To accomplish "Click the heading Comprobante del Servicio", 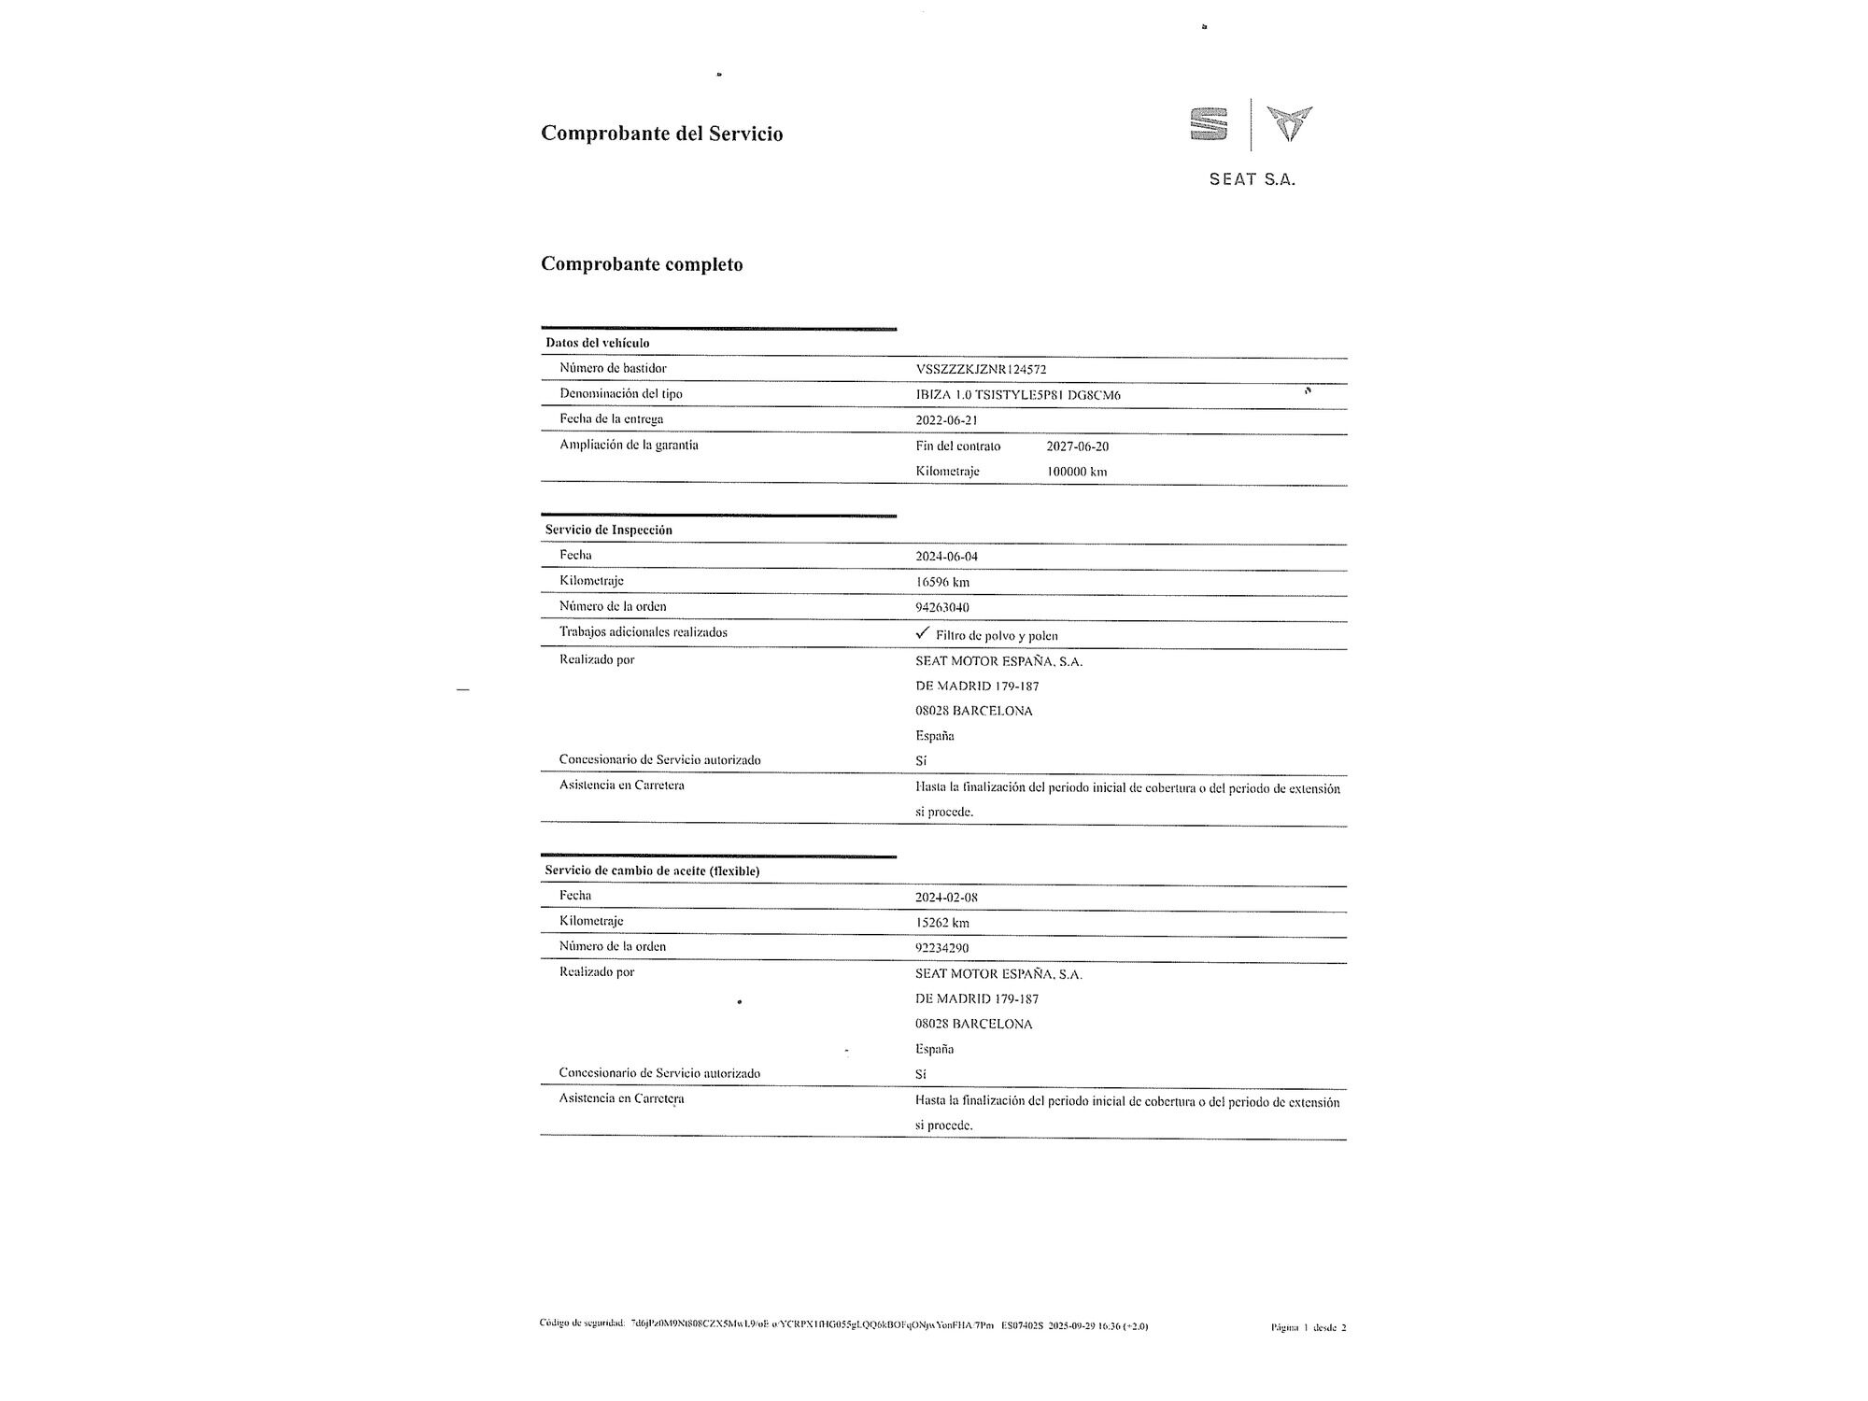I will (661, 134).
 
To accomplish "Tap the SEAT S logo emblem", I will (1209, 124).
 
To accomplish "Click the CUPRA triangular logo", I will (1289, 123).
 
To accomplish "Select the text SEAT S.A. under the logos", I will (1252, 179).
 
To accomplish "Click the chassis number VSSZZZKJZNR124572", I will (981, 369).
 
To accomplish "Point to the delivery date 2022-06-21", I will (946, 420).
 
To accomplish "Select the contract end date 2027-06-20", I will (1077, 446).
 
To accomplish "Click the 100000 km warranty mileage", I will (1076, 472).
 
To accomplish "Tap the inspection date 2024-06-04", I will (946, 557).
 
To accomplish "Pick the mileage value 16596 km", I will (941, 582).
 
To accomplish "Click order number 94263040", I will (941, 607).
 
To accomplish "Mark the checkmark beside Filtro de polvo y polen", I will (923, 633).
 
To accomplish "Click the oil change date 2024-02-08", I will (946, 898).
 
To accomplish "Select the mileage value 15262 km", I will (941, 923).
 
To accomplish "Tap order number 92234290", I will (941, 948).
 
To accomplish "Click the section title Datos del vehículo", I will (597, 343).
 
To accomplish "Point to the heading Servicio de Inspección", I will (608, 530).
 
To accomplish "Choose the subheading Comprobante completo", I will (642, 264).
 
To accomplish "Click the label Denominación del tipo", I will (620, 394).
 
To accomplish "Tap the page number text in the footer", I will (1308, 1327).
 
